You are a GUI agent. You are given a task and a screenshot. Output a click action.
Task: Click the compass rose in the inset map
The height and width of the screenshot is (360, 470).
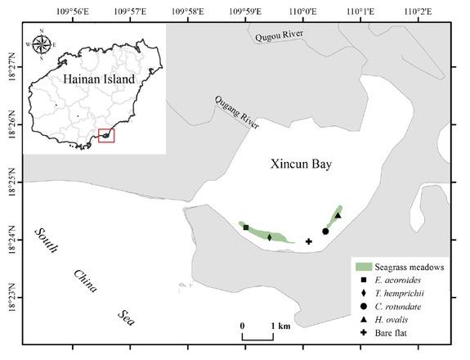click(43, 45)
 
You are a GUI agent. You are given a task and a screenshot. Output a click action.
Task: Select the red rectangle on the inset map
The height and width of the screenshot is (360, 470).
click(106, 135)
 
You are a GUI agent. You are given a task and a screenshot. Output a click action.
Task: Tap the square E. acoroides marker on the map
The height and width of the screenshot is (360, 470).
click(246, 227)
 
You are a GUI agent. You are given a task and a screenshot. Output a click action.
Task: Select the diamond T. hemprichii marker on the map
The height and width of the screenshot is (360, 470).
click(269, 237)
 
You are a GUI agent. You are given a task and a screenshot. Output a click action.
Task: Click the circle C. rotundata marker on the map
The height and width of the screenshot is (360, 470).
click(325, 232)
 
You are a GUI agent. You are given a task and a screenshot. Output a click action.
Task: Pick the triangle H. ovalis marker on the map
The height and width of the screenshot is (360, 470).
click(338, 215)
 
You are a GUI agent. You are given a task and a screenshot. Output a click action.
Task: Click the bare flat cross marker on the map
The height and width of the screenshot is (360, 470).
click(309, 241)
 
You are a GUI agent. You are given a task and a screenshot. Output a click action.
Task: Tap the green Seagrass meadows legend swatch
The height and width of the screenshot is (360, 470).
click(365, 267)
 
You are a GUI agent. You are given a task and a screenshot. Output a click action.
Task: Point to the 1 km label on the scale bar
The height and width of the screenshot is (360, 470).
click(280, 326)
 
